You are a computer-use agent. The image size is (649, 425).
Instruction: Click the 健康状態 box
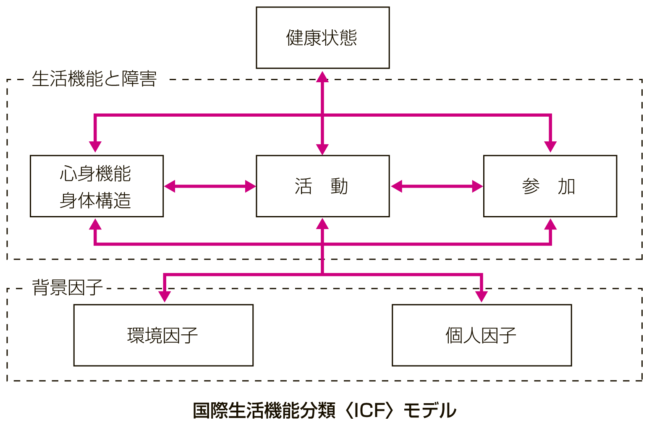[x=323, y=38]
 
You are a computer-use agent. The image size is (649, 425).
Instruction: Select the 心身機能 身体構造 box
[x=97, y=186]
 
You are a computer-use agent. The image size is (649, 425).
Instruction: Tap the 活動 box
[x=323, y=186]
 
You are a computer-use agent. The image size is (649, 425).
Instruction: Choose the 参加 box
[x=550, y=186]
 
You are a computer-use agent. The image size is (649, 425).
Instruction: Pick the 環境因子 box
[x=163, y=335]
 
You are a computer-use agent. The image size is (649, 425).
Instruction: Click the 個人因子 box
[x=482, y=335]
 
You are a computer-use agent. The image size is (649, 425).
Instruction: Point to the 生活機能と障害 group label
[x=94, y=79]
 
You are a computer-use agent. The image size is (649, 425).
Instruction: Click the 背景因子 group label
[x=67, y=287]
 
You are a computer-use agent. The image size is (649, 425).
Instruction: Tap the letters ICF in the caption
[x=369, y=410]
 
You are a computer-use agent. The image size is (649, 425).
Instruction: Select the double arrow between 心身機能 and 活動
[x=210, y=186]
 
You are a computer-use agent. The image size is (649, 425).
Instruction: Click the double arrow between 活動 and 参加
[x=437, y=186]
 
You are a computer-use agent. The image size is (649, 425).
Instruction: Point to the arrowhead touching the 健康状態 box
[x=322, y=76]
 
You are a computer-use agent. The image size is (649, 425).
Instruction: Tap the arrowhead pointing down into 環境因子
[x=165, y=297]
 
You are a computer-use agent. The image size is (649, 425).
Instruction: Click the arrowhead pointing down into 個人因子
[x=481, y=297]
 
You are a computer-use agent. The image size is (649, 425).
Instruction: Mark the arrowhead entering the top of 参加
[x=550, y=147]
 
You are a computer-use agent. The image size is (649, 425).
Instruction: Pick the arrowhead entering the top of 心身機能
[x=95, y=147]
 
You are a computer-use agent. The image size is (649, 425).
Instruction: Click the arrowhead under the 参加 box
[x=550, y=224]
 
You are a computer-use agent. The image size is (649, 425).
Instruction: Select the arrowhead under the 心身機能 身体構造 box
[x=95, y=224]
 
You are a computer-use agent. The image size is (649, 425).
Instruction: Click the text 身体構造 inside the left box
[x=95, y=200]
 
